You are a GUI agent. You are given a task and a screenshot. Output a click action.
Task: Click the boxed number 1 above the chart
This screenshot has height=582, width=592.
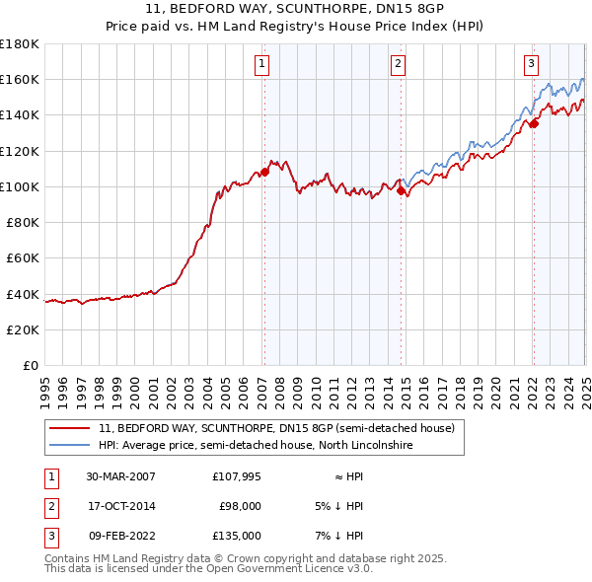(263, 65)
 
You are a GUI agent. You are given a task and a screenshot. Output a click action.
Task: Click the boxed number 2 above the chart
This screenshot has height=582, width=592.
(398, 65)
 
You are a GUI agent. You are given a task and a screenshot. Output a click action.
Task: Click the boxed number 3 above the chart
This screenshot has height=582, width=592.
(531, 65)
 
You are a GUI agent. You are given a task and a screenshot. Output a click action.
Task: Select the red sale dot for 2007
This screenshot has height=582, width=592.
(264, 172)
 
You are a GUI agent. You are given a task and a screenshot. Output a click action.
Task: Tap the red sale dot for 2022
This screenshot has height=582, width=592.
(534, 123)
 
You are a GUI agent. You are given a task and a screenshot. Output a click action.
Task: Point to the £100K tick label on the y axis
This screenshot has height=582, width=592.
(20, 186)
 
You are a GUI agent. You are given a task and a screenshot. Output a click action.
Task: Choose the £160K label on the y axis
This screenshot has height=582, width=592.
(20, 79)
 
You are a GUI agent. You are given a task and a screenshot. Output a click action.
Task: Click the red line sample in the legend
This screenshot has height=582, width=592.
(71, 428)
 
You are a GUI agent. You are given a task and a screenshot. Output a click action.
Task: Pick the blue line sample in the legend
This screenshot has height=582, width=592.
(71, 445)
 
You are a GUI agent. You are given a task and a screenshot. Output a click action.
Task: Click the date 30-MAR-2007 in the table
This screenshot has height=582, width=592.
(120, 476)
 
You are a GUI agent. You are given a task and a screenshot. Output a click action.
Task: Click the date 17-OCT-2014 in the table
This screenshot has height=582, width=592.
(120, 506)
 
